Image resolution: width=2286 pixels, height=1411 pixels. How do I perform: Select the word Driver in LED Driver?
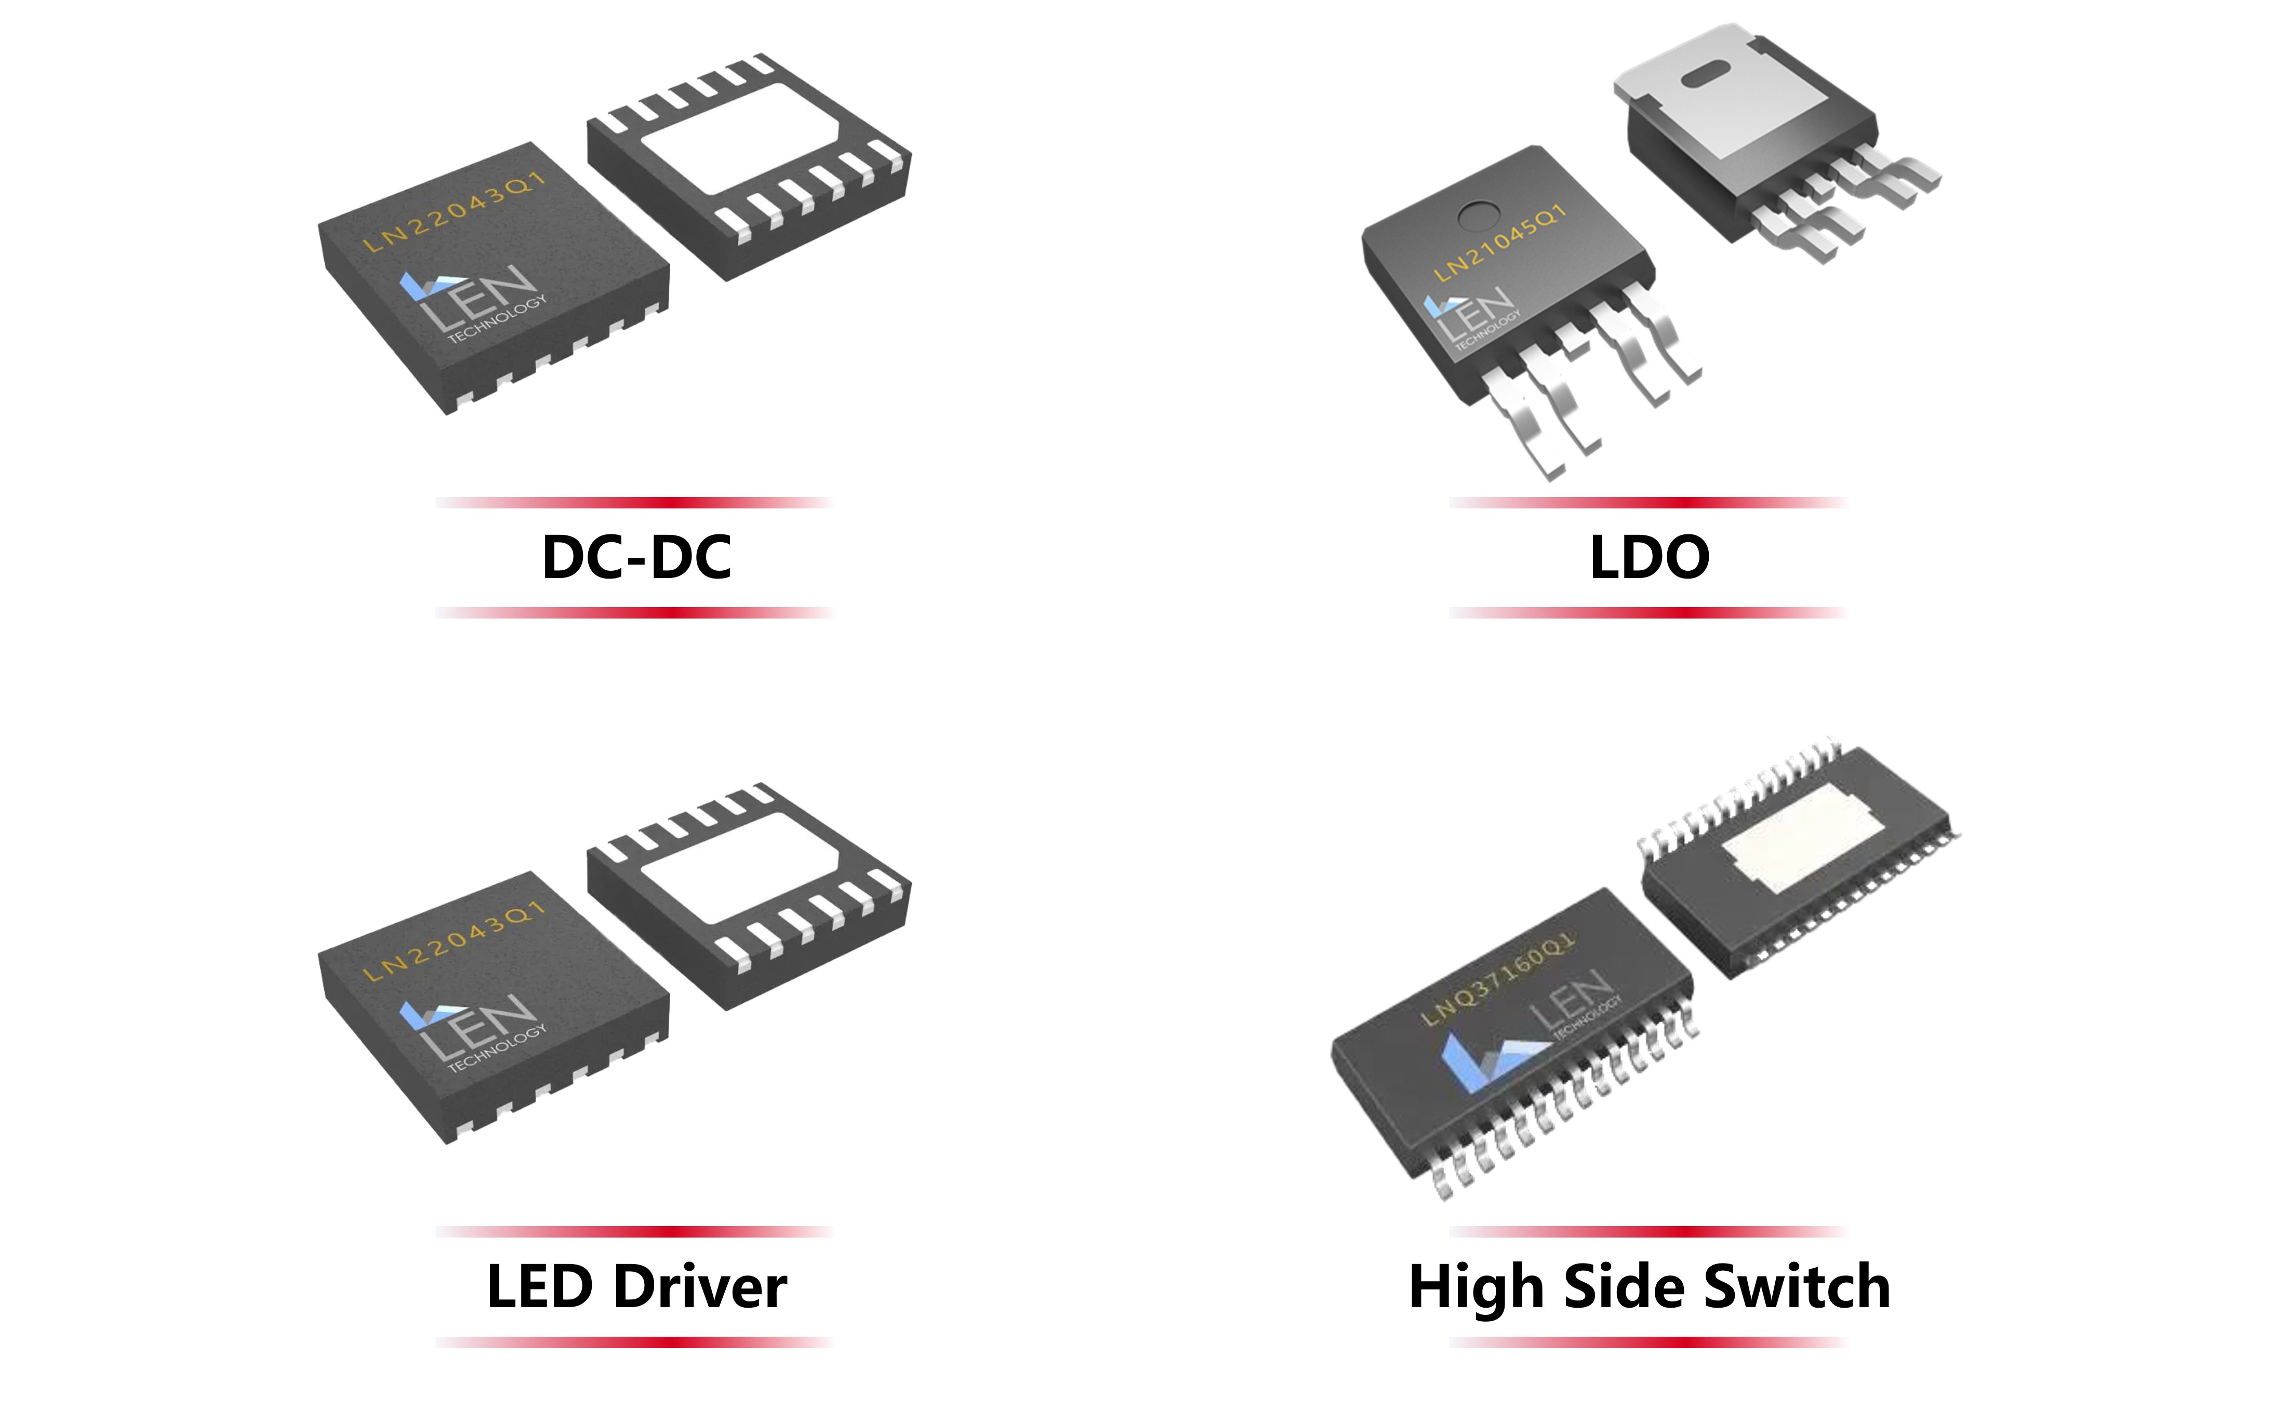click(700, 1287)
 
